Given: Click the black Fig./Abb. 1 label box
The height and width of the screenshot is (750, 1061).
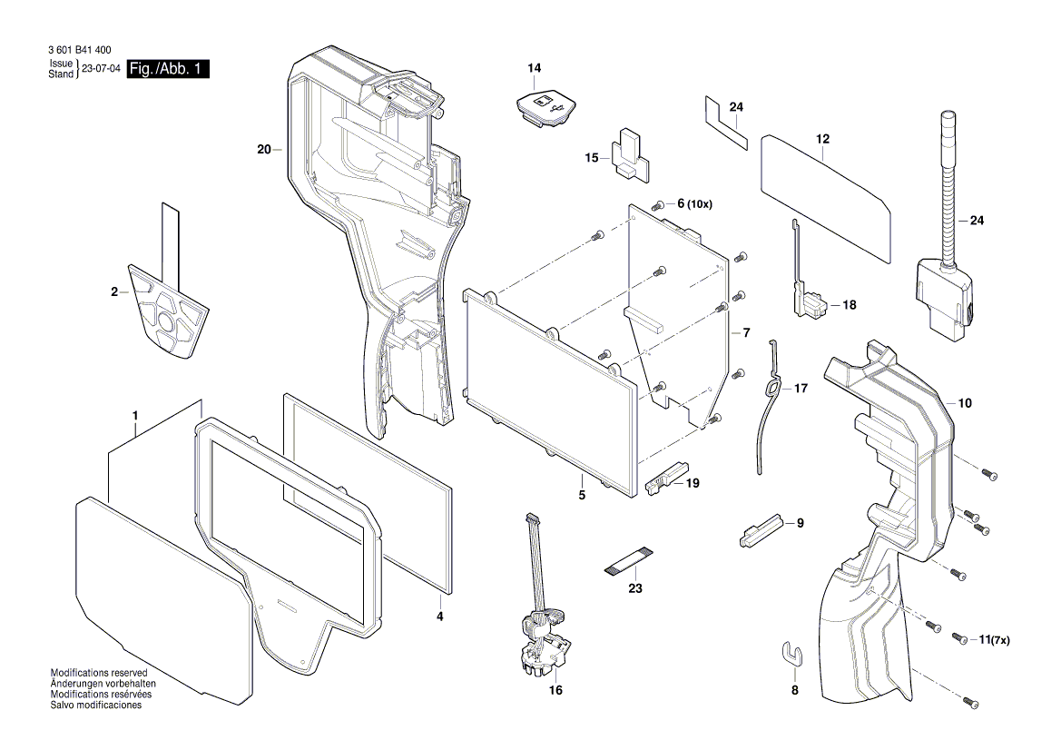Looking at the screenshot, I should coord(169,69).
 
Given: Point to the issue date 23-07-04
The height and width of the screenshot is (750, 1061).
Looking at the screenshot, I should coord(100,69).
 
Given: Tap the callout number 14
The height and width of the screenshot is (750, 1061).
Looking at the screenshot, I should coord(534,68).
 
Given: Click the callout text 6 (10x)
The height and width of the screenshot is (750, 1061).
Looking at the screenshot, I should coord(694,204).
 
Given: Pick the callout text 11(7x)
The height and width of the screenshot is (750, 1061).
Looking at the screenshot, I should coord(995,640).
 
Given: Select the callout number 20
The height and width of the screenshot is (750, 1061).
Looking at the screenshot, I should coord(264,149).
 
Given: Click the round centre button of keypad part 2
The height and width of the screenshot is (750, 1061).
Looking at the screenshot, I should coord(166,321).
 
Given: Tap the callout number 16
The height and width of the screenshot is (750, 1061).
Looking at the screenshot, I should coord(555,690).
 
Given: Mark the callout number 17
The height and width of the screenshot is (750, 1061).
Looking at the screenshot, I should coord(800,388).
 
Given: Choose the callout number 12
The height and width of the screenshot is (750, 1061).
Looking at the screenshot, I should coord(822,139).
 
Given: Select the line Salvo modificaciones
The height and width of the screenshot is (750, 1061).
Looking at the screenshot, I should coord(95,706).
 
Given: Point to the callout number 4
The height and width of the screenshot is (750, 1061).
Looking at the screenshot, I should coord(439,616).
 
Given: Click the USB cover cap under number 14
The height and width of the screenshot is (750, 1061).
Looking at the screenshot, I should coord(543,107).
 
